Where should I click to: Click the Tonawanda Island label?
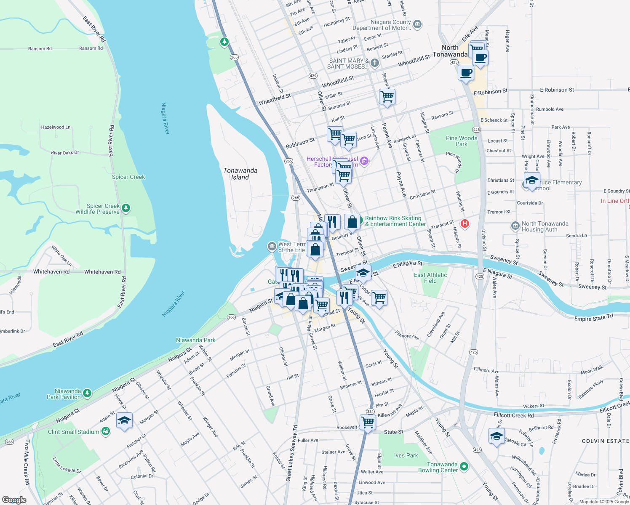point(240,174)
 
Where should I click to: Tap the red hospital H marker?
point(465,223)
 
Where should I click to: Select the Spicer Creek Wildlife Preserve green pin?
point(125,208)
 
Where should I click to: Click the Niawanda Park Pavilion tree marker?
point(87,393)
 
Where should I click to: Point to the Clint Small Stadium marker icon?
point(106,431)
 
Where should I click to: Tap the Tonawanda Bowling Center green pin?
point(464,466)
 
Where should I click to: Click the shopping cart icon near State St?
point(368,422)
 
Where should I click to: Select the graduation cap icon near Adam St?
point(124,420)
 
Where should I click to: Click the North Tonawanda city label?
point(450,51)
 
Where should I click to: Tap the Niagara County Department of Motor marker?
point(417,24)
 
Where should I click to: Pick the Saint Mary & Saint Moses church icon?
point(374,63)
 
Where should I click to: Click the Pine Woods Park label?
point(462,141)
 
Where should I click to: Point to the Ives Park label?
point(406,455)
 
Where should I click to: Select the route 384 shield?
point(370,412)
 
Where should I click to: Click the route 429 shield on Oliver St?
point(313,76)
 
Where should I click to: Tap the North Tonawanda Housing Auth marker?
point(515,226)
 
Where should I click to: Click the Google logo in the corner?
point(14,500)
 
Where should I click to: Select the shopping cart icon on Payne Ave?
point(387,96)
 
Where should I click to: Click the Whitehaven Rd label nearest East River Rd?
point(102,272)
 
